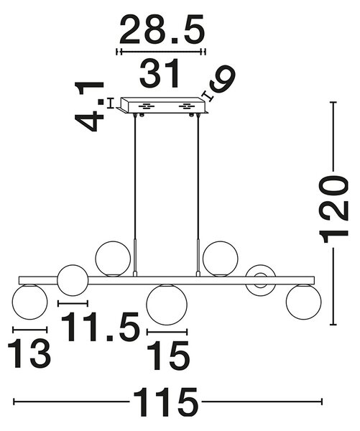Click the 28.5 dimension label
pos(162,29)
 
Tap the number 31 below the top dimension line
pos(160,73)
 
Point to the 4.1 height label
pos(89,106)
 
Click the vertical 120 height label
pos(333,210)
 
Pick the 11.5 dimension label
pos(101,327)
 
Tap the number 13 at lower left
pos(29,353)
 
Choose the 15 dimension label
pos(168,355)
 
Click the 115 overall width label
pos(165,402)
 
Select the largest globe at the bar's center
pos(167,305)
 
